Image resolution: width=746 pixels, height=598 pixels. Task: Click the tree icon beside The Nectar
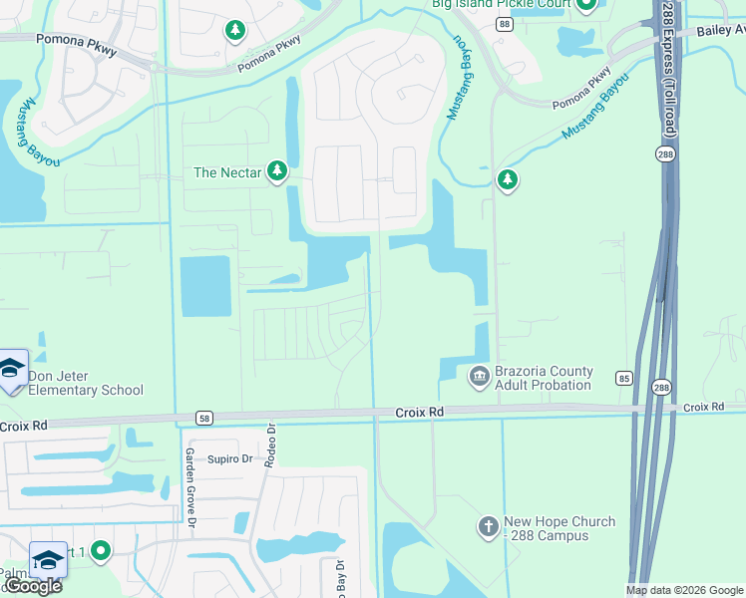(x=277, y=172)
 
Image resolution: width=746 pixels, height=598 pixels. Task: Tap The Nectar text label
(x=227, y=172)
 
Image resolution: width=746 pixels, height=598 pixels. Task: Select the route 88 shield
(x=505, y=24)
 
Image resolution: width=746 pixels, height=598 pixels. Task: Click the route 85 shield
(x=623, y=378)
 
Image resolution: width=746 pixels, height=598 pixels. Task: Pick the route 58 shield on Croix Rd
(x=203, y=418)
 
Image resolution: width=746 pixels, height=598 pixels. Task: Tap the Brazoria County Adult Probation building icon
(x=478, y=375)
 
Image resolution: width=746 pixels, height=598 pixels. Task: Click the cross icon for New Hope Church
(x=488, y=526)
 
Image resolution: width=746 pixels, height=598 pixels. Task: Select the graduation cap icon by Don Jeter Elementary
(x=12, y=370)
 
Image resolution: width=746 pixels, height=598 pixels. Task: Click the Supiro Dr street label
(x=230, y=459)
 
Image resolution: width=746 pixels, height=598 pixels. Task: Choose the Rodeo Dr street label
(x=270, y=445)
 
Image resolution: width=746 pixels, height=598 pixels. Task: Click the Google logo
(x=33, y=586)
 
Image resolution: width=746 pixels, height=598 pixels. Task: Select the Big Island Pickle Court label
(x=502, y=5)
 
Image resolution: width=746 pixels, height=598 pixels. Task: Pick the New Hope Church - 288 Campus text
(x=559, y=528)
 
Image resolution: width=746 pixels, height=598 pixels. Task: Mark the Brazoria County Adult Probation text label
(x=543, y=378)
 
